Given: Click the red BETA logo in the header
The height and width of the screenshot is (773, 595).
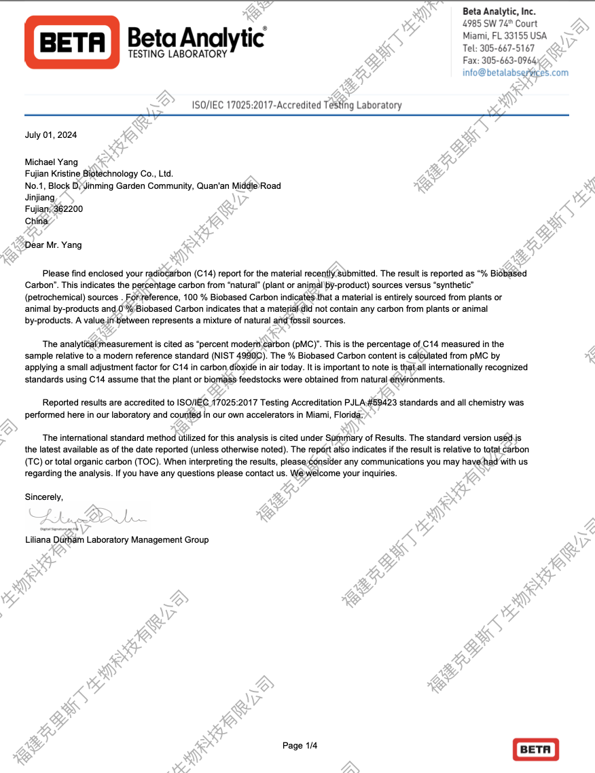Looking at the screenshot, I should [x=72, y=42].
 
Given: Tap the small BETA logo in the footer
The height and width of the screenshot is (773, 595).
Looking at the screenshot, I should [x=536, y=749].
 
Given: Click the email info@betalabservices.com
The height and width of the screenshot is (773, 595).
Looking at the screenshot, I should [x=516, y=73].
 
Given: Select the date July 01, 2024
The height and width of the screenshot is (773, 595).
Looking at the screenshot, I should [x=51, y=135].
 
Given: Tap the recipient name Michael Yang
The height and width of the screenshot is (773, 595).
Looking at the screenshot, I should [x=52, y=162].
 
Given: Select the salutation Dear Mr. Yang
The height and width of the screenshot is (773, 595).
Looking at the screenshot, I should [x=53, y=245].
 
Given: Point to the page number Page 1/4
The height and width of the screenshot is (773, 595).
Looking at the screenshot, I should [x=300, y=746].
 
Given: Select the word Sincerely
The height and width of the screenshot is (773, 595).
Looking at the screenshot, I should [x=43, y=497].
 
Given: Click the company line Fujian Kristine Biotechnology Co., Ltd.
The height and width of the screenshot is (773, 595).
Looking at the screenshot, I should [x=99, y=174].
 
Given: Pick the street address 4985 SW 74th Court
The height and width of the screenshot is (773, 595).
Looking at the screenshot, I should [x=500, y=24].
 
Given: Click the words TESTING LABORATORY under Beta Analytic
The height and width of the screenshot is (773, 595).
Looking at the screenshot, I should [x=177, y=54].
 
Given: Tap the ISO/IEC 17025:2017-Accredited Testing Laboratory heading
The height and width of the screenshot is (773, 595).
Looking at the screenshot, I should [x=297, y=105].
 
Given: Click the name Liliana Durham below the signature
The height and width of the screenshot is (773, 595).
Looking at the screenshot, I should [x=54, y=539].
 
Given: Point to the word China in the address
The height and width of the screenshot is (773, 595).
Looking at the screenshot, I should [x=37, y=221].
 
